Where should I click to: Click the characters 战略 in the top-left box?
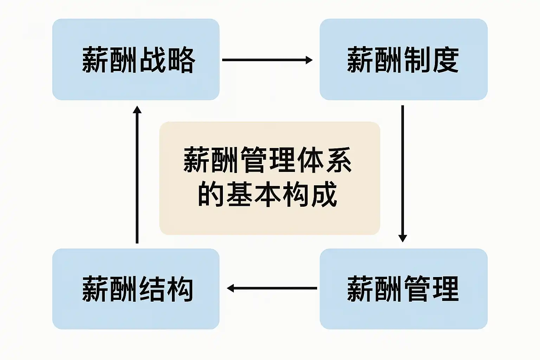coord(167,60)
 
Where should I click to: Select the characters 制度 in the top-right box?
coord(431,60)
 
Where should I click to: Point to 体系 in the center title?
coord(324,160)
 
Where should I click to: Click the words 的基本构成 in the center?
coord(268,194)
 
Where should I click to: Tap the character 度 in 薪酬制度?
coord(445,60)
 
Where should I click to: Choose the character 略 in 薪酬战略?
coord(181,60)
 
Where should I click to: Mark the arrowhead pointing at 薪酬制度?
coord(309,60)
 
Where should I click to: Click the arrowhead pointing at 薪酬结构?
coord(231,288)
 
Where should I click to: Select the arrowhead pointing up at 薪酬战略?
coord(137,110)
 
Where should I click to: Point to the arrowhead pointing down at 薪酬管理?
coord(403,238)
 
